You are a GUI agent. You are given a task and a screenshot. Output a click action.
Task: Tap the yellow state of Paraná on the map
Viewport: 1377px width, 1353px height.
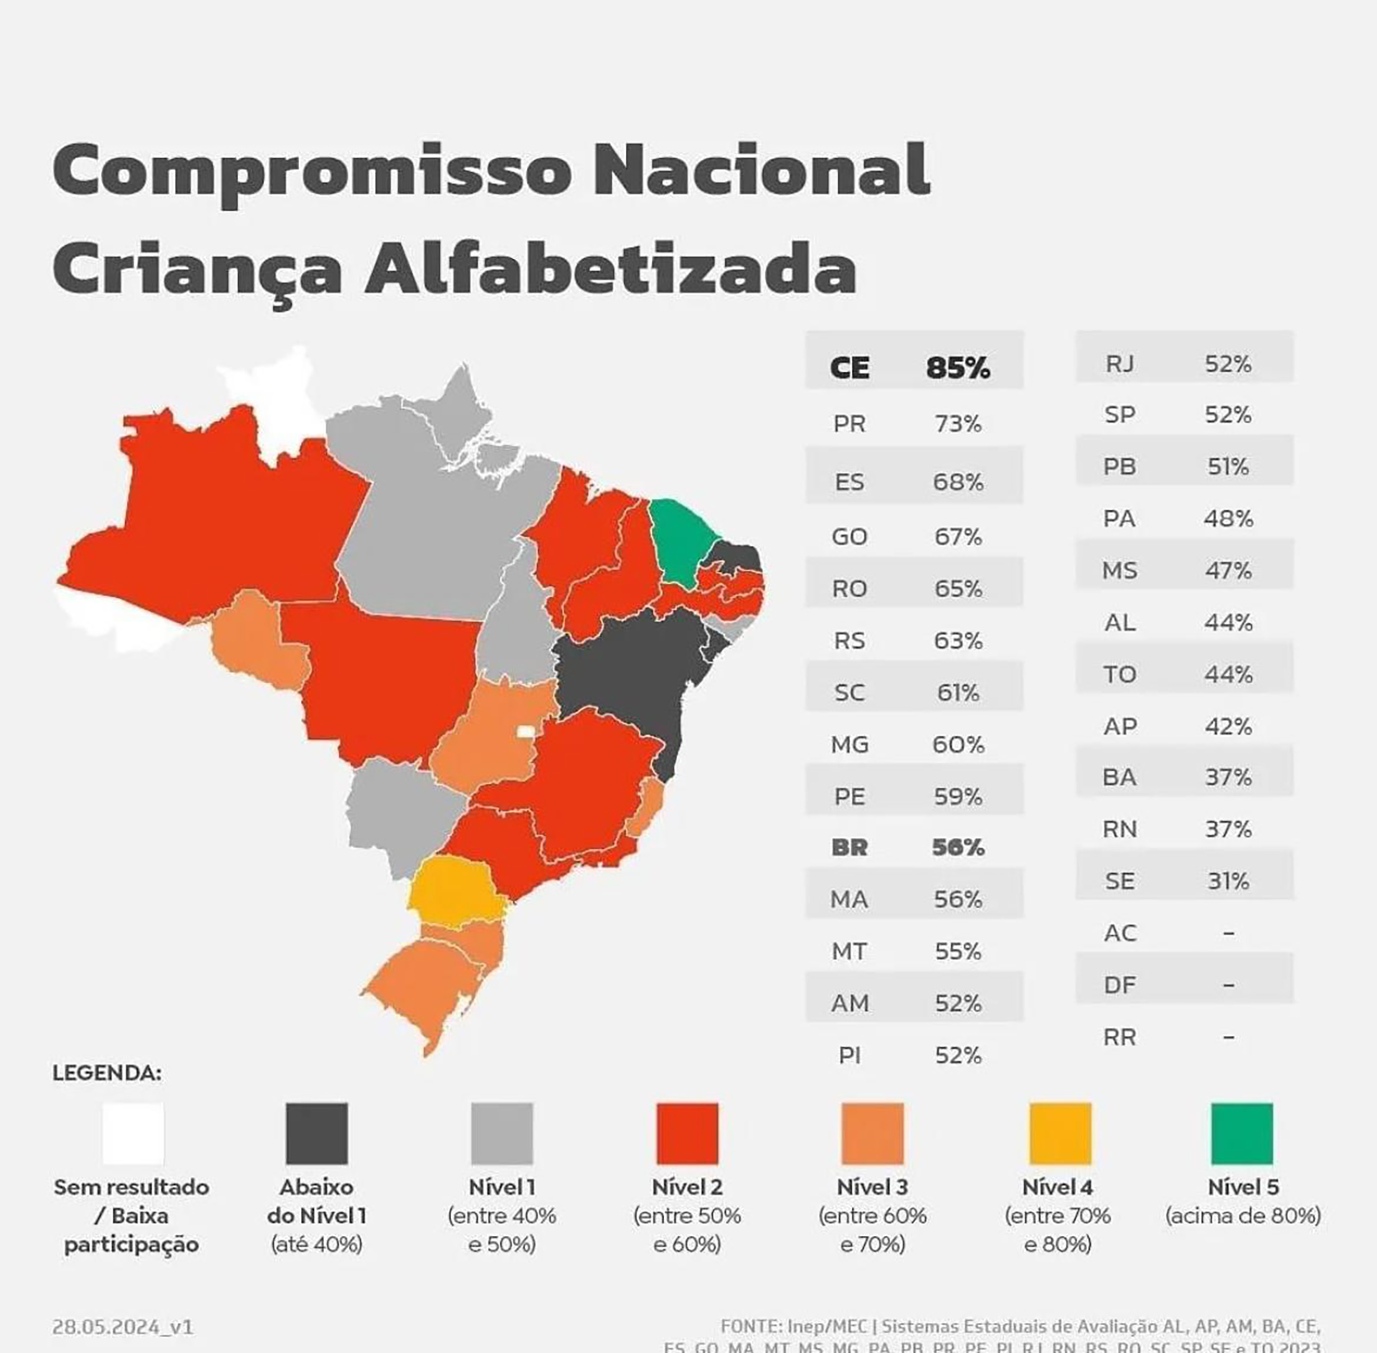pos(456,890)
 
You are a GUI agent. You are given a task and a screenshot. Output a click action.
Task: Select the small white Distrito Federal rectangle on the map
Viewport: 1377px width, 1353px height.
pos(526,731)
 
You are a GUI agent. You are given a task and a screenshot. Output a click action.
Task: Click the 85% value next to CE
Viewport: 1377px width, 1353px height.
pos(957,368)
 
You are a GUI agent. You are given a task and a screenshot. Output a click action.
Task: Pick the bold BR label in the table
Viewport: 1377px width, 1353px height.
pos(850,848)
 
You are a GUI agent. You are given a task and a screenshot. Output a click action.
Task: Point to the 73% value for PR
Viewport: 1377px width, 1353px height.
pos(957,424)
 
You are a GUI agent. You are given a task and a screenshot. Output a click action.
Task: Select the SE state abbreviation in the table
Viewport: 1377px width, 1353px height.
pos(1120,881)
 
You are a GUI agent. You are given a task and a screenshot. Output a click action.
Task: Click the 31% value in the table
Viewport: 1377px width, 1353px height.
pos(1228,881)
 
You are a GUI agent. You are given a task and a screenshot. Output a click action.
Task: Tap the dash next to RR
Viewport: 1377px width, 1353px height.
pos(1228,1037)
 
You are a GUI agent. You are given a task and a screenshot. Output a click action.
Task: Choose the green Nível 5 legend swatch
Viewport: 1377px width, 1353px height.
pos(1242,1133)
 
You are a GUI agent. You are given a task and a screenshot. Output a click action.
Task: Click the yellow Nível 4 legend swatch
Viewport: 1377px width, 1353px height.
pos(1059,1133)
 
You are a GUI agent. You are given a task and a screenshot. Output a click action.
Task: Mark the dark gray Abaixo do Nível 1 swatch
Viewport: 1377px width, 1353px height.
pos(316,1133)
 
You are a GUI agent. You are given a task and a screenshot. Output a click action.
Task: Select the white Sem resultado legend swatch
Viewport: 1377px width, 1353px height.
pos(133,1133)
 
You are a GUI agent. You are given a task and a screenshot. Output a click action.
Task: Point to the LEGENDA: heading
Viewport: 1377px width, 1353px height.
pos(107,1073)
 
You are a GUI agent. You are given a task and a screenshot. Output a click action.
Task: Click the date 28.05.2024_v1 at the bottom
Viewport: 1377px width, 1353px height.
pos(123,1326)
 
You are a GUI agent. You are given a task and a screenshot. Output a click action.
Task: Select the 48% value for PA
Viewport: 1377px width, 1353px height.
pos(1228,519)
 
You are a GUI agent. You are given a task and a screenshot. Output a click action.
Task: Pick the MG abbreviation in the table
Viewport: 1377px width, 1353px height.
pos(850,745)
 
